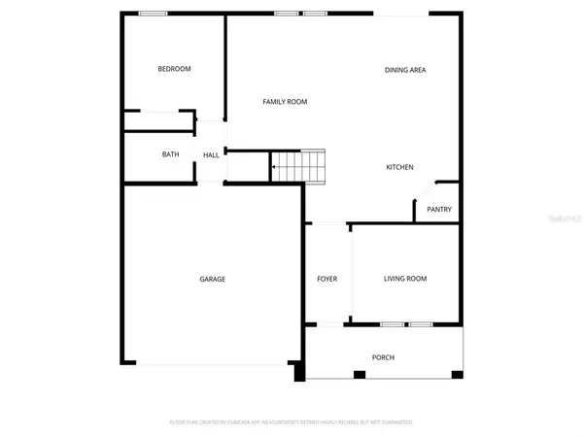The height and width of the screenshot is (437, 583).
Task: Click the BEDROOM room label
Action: [175, 69]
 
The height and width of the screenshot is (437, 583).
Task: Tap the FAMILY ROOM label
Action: [285, 101]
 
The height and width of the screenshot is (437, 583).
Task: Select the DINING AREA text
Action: [405, 70]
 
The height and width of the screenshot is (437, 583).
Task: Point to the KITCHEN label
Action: [400, 167]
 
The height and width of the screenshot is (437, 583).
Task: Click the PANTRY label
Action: [439, 210]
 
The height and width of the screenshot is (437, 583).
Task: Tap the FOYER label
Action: [327, 279]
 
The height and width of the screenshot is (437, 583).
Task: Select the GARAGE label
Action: [213, 279]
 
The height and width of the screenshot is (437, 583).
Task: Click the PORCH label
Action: [383, 357]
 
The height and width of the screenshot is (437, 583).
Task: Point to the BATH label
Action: [171, 154]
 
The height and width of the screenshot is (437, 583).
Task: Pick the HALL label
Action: [211, 154]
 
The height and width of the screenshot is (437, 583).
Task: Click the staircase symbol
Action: [298, 166]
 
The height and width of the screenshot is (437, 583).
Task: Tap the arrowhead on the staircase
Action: [275, 167]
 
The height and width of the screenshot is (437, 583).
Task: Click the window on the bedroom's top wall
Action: [153, 14]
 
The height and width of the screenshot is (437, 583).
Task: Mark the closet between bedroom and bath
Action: [158, 121]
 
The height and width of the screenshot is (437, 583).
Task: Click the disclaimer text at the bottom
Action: [291, 422]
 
